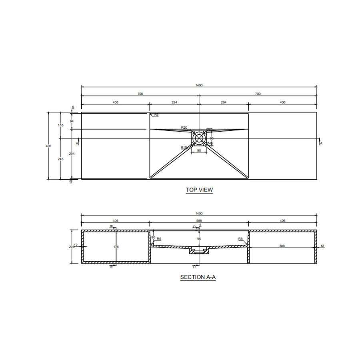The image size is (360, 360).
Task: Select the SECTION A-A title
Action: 198,277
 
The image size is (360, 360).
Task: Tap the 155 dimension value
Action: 60,126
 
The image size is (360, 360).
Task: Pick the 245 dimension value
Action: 60,159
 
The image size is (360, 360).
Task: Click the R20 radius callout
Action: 184,128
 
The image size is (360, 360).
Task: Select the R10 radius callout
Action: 184,148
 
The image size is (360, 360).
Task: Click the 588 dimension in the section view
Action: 199,220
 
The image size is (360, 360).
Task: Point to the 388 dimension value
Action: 282,246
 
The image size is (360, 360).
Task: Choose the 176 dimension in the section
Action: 116,247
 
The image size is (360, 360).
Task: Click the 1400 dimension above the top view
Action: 199,85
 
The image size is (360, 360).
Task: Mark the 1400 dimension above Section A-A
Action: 199,214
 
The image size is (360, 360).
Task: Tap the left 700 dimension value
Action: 140,94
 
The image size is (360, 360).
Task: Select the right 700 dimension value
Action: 258,94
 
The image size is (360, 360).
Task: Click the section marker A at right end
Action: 321,143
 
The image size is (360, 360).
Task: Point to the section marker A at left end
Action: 77,142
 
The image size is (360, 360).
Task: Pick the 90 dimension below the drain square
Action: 199,151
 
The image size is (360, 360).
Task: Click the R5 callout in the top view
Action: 156,115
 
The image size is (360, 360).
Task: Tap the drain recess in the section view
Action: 199,251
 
